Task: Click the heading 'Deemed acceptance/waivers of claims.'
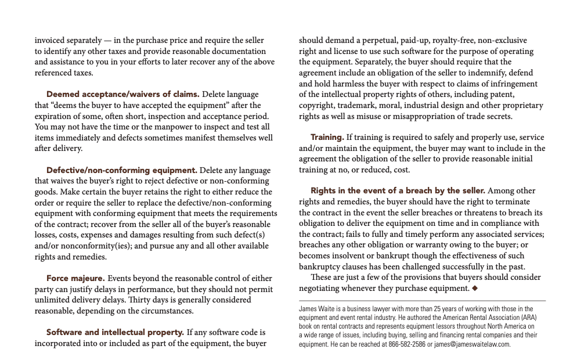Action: click(122, 94)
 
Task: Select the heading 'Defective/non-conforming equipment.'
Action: click(121, 170)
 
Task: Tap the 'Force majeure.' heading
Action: click(75, 278)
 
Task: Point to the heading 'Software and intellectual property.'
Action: click(115, 333)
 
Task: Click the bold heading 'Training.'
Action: click(327, 137)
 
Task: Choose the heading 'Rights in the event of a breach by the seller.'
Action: click(398, 190)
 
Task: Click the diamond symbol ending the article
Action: click(475, 289)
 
